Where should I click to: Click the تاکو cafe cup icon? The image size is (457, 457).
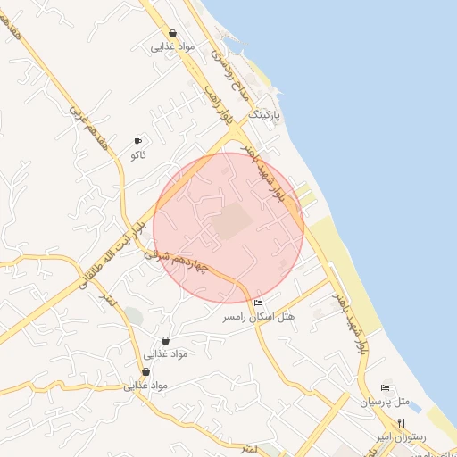[x=137, y=141]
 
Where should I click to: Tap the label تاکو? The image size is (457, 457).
[x=137, y=155]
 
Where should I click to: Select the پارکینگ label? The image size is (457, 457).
[x=263, y=116]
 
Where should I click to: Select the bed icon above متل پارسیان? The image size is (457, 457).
[x=385, y=387]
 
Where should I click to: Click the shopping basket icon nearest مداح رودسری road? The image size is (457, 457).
[x=171, y=33]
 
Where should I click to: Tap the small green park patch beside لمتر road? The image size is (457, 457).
[x=133, y=314]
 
